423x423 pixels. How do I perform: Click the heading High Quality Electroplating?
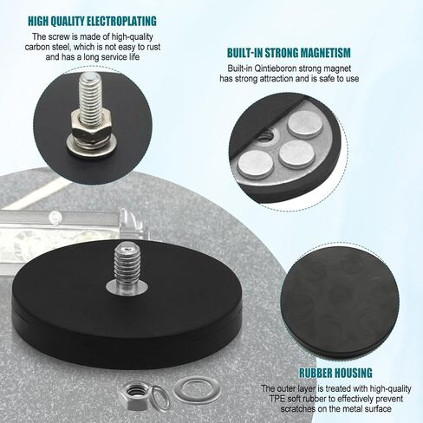92,22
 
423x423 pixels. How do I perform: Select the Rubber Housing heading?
335,373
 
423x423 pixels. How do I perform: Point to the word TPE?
277,399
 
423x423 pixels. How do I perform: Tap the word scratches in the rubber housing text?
298,409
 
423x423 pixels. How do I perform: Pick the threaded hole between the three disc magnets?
267,136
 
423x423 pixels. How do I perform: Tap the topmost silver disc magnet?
305,124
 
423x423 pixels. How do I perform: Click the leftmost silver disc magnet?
256,164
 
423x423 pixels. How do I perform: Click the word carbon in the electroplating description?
37,47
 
